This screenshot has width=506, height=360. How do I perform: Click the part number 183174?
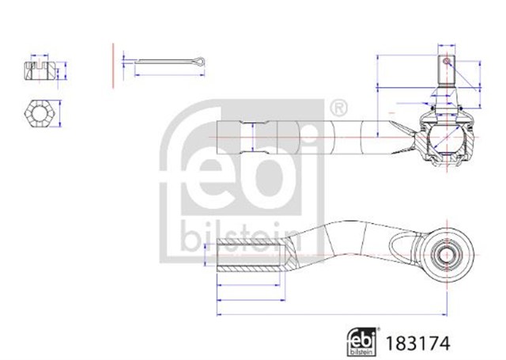(x=417, y=343)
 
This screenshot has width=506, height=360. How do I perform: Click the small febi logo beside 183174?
(x=362, y=342)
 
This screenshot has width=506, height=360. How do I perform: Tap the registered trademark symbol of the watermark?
(x=338, y=108)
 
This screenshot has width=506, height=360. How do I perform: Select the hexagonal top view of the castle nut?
(x=39, y=113)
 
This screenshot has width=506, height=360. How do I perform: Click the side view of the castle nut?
(x=40, y=71)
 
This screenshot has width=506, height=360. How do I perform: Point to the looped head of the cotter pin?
(x=200, y=61)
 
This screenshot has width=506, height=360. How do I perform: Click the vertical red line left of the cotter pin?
(x=113, y=66)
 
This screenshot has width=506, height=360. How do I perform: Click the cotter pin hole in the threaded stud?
(x=446, y=61)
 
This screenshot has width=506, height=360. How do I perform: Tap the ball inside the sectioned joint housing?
(x=447, y=138)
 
